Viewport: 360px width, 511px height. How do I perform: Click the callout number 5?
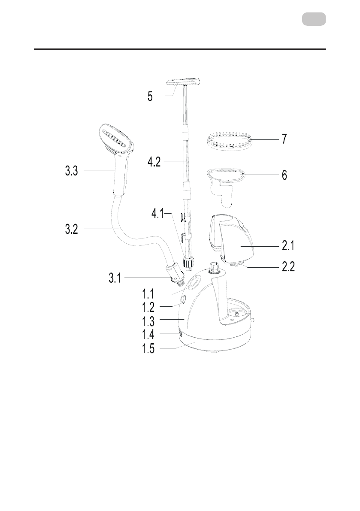pos(150,97)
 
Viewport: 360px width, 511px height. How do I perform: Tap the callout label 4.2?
pos(154,162)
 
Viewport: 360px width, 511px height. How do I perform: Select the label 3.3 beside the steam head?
pos(71,170)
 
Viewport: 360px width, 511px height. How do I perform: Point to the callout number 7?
pos(284,139)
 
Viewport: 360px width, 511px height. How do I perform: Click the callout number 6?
pos(284,175)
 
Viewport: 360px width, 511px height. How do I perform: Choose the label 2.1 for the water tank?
pos(288,245)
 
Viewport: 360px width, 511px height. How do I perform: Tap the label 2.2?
pos(288,266)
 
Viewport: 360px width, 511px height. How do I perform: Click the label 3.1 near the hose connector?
pos(115,278)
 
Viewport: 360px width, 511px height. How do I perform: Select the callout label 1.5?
pos(148,349)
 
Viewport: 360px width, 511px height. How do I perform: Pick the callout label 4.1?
pos(157,214)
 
